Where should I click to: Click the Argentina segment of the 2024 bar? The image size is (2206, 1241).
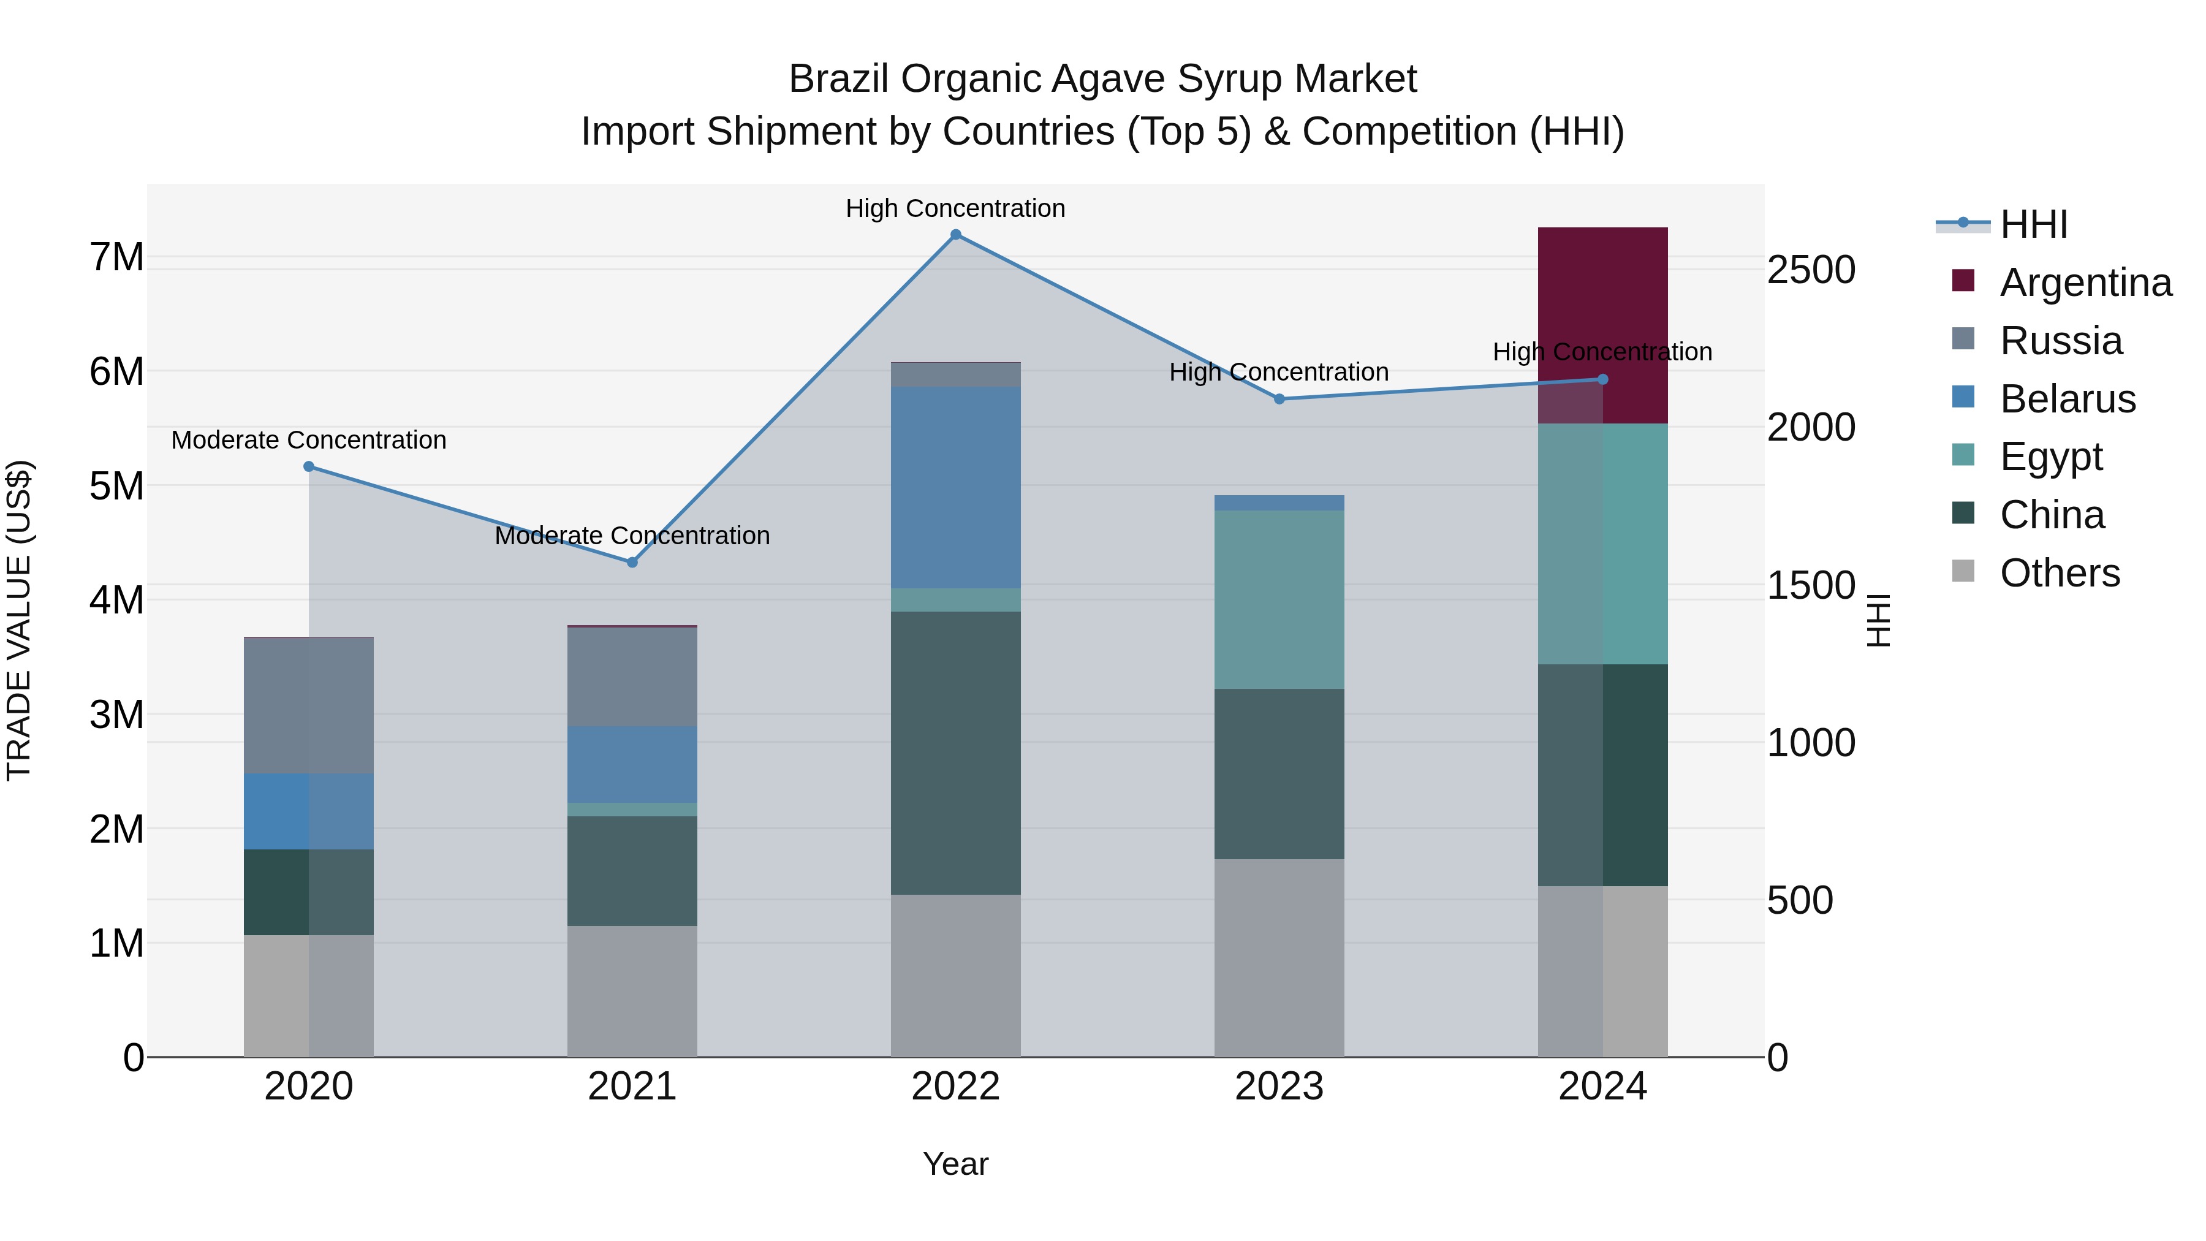pos(1602,325)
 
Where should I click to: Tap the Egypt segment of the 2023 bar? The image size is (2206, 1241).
pos(1278,599)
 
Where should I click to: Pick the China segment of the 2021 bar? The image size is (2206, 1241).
pos(632,870)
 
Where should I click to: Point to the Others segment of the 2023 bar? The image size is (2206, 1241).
pos(1278,957)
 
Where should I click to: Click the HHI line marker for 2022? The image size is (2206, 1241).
pos(956,235)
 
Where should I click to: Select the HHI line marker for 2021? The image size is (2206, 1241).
pos(632,563)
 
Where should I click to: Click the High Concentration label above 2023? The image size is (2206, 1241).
pos(1278,373)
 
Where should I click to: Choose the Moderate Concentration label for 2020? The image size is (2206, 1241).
pos(308,440)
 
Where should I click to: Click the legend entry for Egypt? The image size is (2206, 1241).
pos(2050,457)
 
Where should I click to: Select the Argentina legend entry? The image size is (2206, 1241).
pos(2085,283)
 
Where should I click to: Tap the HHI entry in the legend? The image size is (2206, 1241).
pos(2033,224)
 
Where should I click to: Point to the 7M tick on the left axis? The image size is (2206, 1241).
pos(116,257)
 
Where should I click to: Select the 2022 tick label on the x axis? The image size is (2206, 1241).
pos(956,1087)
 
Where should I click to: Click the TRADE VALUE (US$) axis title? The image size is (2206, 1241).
pos(19,620)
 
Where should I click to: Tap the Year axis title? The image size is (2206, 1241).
pos(956,1164)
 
